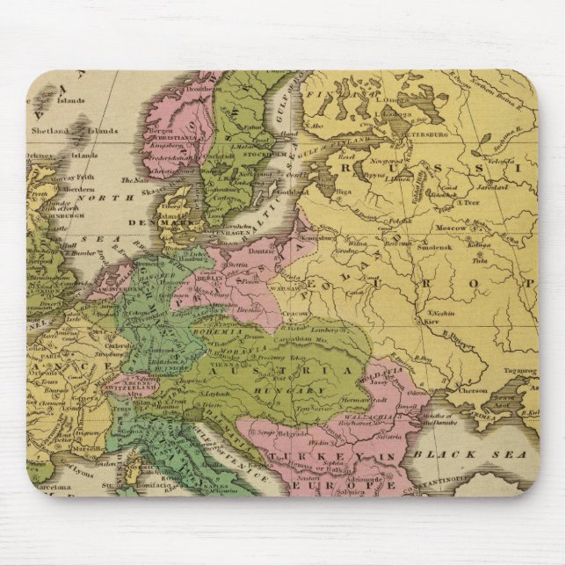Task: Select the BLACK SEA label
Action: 470,454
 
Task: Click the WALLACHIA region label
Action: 352,404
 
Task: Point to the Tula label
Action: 480,260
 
